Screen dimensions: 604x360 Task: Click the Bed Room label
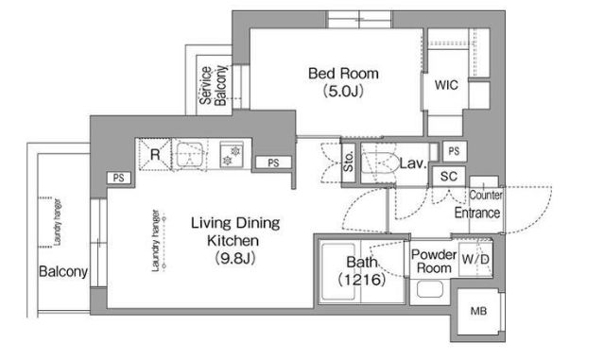[343, 74]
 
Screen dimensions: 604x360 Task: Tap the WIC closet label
[446, 85]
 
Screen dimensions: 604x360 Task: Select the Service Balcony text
[213, 85]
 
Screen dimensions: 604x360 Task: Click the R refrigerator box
[154, 154]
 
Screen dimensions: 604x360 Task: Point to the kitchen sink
[190, 155]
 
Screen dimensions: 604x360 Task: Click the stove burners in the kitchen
[232, 154]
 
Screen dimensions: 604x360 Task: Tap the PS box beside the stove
[273, 163]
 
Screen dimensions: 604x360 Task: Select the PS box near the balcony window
[119, 178]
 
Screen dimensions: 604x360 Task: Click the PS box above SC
[454, 151]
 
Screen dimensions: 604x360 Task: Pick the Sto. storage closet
[348, 162]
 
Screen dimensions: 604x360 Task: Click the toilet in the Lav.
[379, 163]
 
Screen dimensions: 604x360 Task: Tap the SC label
[449, 177]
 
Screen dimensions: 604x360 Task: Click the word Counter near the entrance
[486, 196]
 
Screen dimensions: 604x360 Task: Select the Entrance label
[477, 213]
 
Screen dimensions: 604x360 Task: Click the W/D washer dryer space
[475, 259]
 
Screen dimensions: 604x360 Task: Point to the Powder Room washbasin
[429, 289]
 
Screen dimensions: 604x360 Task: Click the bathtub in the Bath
[338, 271]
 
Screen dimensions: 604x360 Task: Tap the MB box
[478, 311]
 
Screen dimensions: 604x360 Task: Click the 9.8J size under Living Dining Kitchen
[235, 258]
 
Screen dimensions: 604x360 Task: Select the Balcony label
[63, 271]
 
